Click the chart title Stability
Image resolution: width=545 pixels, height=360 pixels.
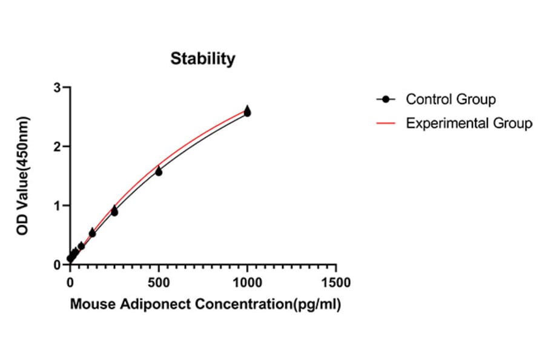click(x=202, y=59)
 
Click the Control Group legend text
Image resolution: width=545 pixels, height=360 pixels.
click(x=451, y=99)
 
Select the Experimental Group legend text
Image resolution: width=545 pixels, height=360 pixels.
click(x=469, y=123)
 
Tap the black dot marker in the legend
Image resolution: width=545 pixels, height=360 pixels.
click(x=385, y=99)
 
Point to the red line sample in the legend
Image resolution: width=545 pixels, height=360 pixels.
click(x=385, y=123)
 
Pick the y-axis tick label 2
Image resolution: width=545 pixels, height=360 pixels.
click(x=58, y=146)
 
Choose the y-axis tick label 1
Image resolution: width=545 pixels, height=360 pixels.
click(x=58, y=205)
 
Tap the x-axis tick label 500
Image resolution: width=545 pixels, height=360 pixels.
click(x=159, y=283)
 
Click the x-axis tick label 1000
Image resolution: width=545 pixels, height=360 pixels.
click(x=247, y=283)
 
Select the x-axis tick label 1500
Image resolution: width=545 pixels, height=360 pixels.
click(x=336, y=283)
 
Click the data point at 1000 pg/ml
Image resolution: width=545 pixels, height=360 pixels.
click(x=247, y=112)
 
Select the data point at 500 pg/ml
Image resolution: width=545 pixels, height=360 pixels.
click(x=159, y=172)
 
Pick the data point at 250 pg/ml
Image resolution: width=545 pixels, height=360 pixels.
click(x=114, y=212)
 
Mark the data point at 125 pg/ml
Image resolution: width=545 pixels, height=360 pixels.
click(x=92, y=233)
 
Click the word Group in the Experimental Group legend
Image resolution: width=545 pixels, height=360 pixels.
click(x=512, y=123)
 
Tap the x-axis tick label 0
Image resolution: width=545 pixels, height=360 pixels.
click(x=70, y=283)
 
